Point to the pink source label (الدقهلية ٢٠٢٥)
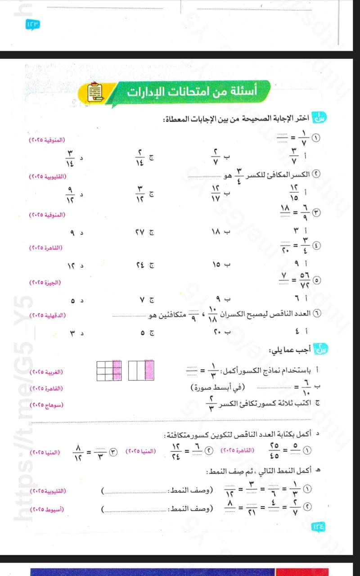(47, 315)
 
